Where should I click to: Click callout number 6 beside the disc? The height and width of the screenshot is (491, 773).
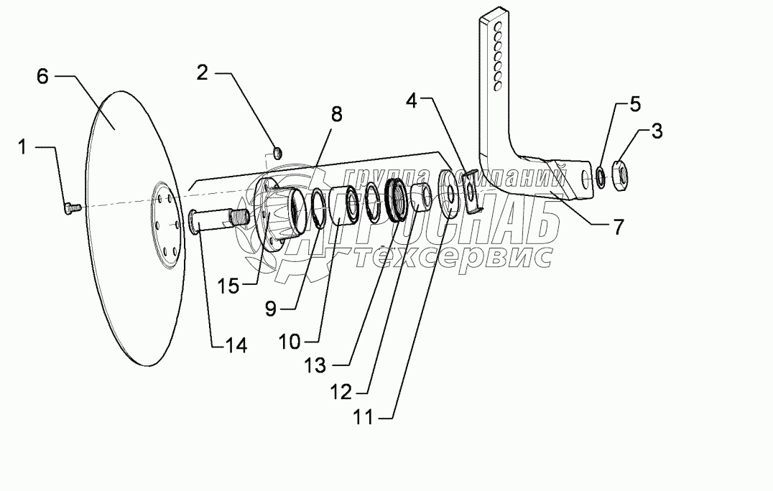pos(43,77)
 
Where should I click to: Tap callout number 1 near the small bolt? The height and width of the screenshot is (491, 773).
pos(22,147)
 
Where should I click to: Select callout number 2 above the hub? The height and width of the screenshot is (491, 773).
pos(203,73)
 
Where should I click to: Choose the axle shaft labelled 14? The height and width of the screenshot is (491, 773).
pos(216,220)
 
